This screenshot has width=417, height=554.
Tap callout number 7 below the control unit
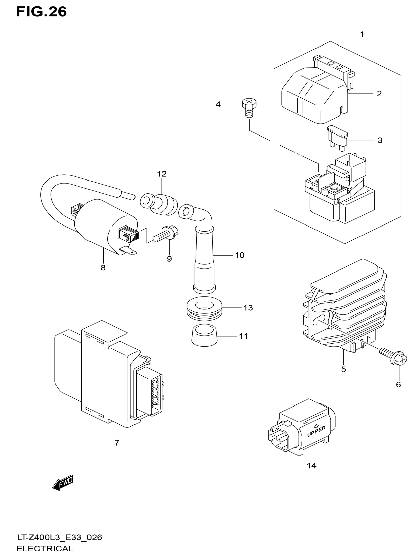coord(117,443)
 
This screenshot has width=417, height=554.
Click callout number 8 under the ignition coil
coord(103,268)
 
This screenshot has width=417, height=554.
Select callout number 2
coord(379,94)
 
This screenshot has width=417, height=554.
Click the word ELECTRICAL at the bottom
coord(45,549)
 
